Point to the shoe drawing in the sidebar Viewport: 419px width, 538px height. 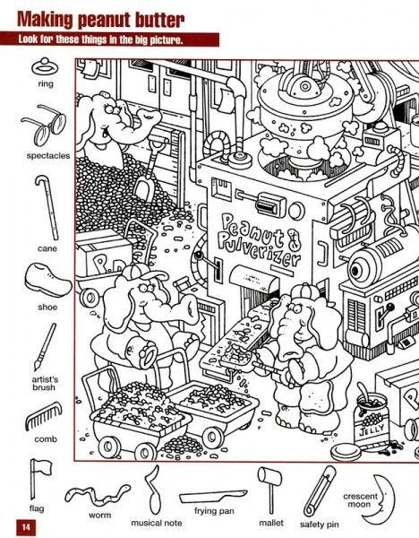48,280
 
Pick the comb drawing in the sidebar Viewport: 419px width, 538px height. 44,415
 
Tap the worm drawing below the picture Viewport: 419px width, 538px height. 98,494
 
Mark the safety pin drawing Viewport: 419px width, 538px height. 320,490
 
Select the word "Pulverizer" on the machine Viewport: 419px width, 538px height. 260,251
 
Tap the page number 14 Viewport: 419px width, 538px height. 26,526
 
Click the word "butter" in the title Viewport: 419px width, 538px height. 159,21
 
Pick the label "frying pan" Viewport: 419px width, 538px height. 214,511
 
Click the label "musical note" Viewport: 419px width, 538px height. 156,523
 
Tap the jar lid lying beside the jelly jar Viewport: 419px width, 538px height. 346,452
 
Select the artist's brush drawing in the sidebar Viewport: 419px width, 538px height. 45,346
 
